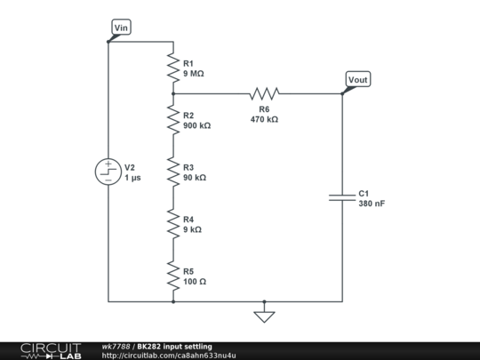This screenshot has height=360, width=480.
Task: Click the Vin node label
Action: tap(123, 28)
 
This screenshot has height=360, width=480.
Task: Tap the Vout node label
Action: tap(357, 80)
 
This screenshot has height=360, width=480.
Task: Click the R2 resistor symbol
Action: tap(172, 119)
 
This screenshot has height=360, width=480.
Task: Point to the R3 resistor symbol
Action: tap(172, 172)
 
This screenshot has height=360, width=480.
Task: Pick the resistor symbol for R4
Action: tap(172, 223)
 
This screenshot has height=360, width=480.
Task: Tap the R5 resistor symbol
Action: tap(172, 276)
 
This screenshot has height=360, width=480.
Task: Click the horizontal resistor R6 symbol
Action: tap(264, 93)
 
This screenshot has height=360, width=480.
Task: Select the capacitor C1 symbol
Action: tap(342, 197)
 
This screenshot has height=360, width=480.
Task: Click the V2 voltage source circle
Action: tap(108, 172)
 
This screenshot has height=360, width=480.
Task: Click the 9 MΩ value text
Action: tap(193, 74)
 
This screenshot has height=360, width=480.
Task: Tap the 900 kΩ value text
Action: tap(196, 126)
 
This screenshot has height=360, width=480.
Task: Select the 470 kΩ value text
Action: tap(264, 119)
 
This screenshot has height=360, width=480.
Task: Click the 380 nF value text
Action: tap(371, 204)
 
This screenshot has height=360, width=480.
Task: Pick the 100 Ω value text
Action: tap(195, 282)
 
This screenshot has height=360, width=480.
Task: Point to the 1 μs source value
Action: tap(132, 178)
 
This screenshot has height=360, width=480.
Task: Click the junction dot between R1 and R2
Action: tap(172, 93)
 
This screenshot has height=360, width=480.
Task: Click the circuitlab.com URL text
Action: tap(169, 356)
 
